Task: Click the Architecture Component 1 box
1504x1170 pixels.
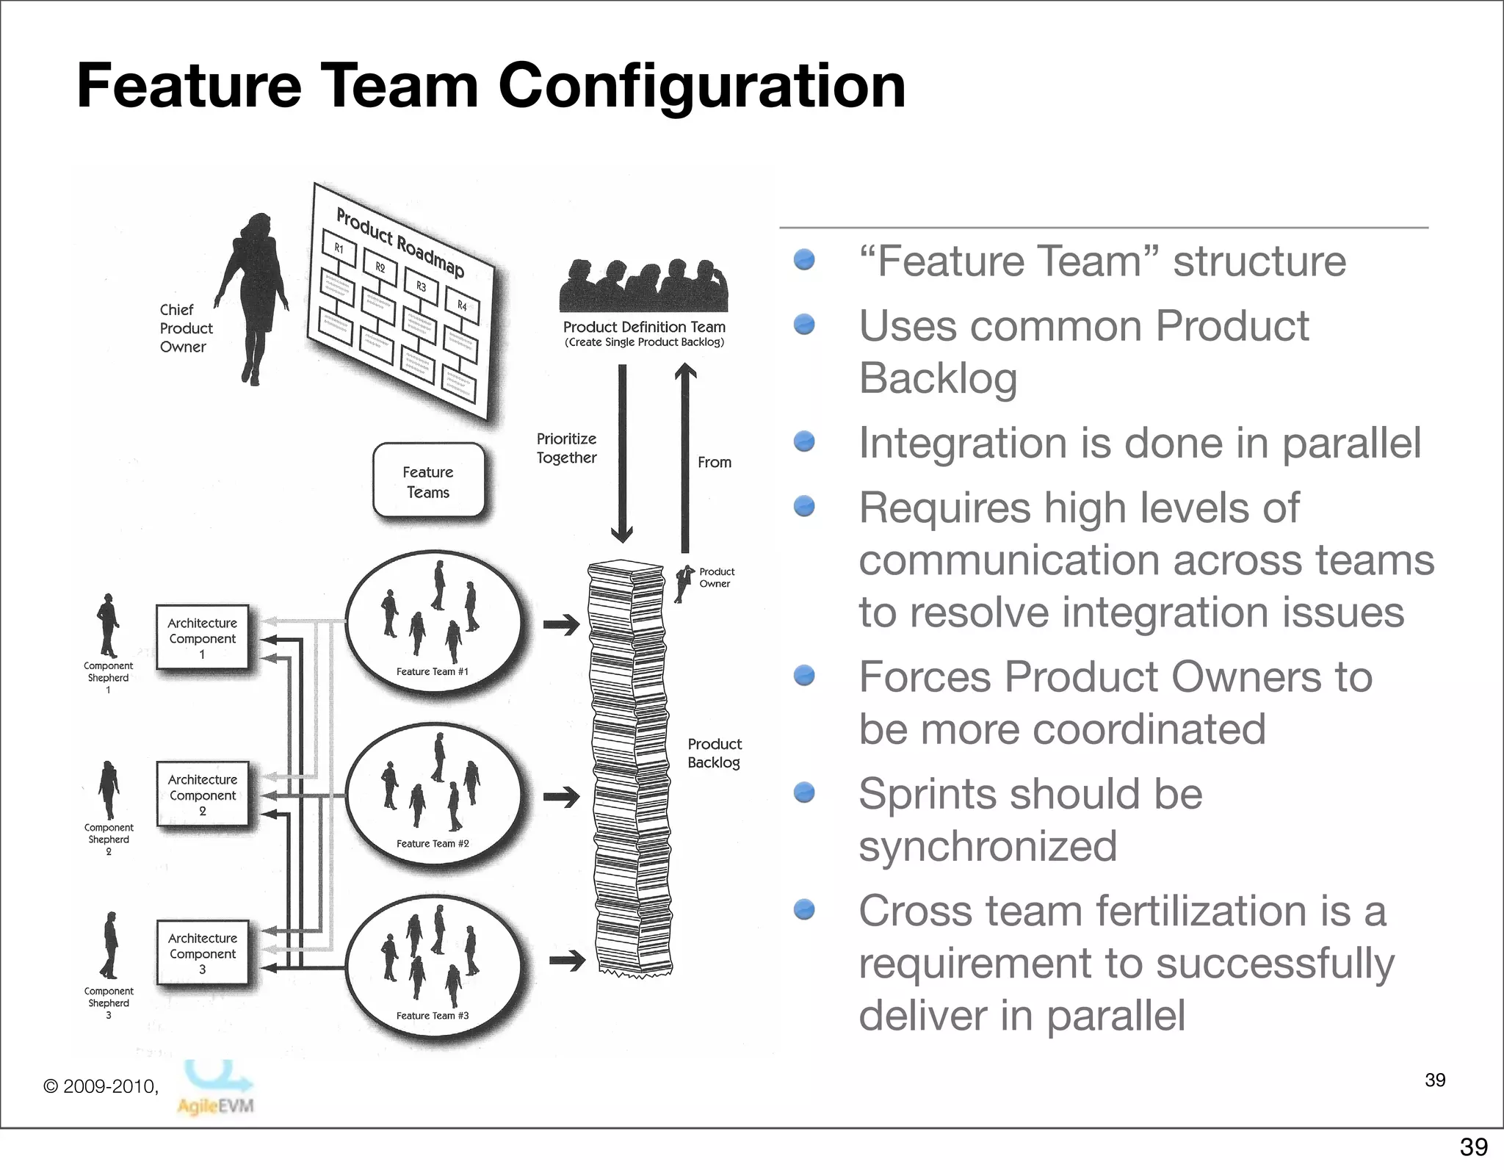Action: [x=202, y=638]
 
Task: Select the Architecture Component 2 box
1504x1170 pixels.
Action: [x=202, y=794]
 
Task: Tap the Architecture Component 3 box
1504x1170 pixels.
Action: [x=202, y=953]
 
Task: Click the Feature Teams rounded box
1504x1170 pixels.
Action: [x=428, y=482]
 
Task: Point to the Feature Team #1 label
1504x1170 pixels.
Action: [x=432, y=671]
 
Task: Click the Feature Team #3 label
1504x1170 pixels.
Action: [x=432, y=1016]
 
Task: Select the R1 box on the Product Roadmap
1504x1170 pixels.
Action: [x=339, y=248]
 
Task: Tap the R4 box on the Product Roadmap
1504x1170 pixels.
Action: [x=462, y=305]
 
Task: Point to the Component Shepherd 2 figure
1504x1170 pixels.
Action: [x=109, y=790]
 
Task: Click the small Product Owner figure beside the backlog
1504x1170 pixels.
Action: [x=684, y=582]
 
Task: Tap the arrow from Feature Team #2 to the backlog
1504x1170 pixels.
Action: [x=562, y=797]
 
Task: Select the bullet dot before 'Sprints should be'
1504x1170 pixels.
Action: [x=805, y=792]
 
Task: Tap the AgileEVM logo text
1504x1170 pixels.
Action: [x=215, y=1105]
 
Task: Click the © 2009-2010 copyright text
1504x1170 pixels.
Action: [x=101, y=1086]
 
